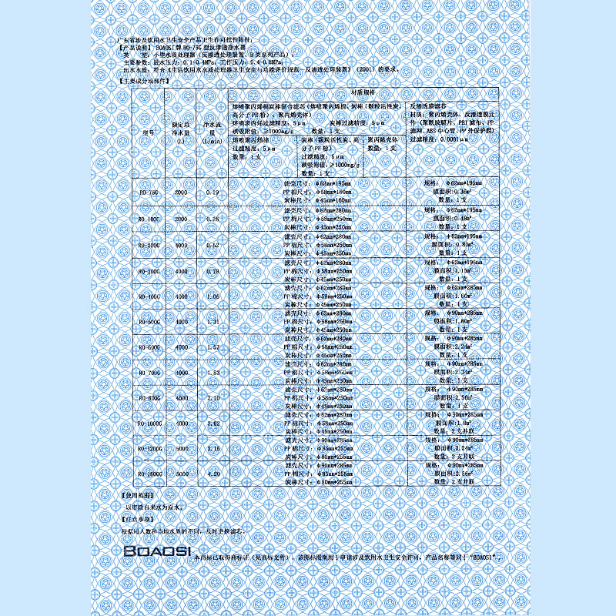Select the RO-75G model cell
click(x=149, y=192)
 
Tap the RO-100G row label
click(x=149, y=219)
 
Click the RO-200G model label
click(x=149, y=245)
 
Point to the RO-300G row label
click(x=149, y=271)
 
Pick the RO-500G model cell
click(x=149, y=322)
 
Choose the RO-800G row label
click(x=149, y=397)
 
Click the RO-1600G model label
click(x=149, y=474)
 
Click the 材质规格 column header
click(x=363, y=92)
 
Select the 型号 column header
click(x=149, y=132)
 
